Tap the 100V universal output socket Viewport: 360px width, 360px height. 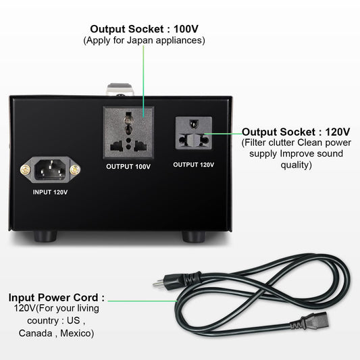[x=128, y=132]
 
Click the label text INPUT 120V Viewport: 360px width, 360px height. [x=51, y=192]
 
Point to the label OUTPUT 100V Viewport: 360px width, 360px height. [x=128, y=166]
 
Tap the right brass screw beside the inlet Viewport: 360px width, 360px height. [x=76, y=172]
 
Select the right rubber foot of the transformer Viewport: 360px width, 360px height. [x=194, y=236]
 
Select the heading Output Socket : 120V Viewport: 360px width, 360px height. [x=296, y=132]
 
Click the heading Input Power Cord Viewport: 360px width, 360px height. [x=56, y=297]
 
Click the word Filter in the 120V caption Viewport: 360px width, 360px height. [x=257, y=143]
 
